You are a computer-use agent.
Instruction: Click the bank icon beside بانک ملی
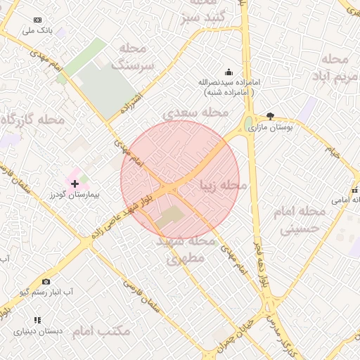37,20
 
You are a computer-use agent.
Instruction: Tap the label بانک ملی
37,31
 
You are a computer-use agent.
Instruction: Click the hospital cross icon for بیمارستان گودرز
75,183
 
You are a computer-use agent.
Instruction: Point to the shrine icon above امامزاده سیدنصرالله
229,72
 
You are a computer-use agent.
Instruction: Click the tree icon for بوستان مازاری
271,117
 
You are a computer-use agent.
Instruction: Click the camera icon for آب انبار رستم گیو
46,282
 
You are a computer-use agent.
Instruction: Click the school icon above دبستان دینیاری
37,320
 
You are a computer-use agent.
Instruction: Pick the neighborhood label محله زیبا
224,186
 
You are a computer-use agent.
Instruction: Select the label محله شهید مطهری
186,250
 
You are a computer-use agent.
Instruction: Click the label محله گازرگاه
32,120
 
